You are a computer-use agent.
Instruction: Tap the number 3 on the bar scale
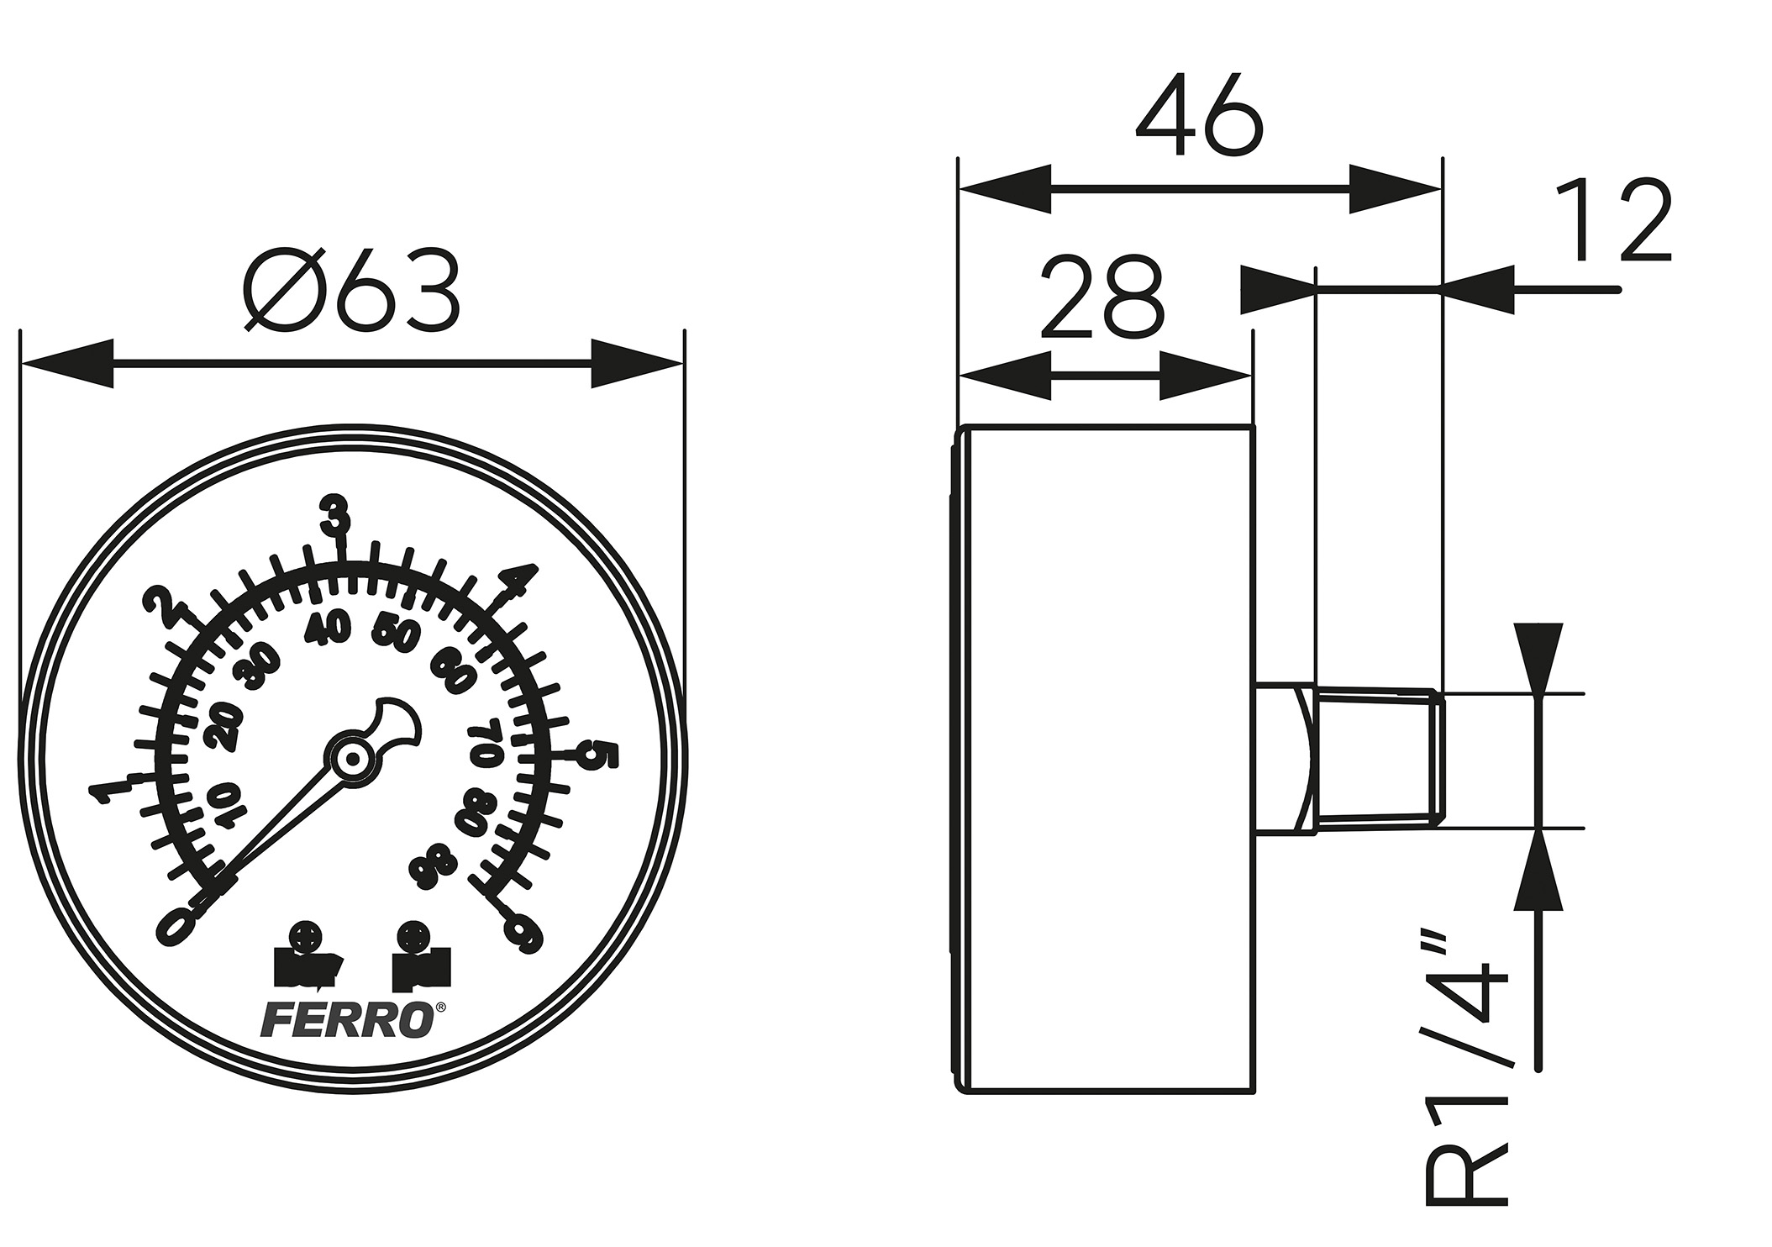tap(337, 515)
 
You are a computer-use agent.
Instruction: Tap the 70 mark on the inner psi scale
tap(487, 742)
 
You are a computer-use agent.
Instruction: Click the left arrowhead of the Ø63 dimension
tap(67, 364)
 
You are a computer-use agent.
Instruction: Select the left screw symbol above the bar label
tap(304, 935)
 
